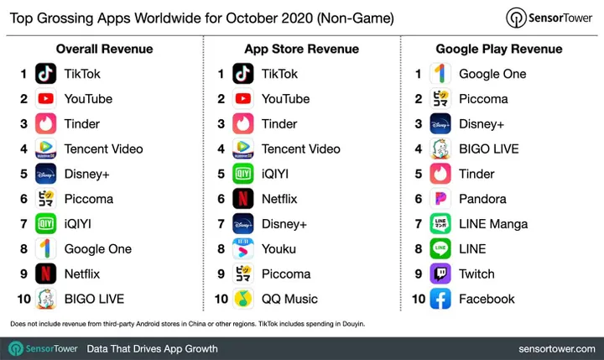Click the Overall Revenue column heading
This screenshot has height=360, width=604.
pyautogui.click(x=104, y=49)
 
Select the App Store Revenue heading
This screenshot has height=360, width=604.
pyautogui.click(x=301, y=49)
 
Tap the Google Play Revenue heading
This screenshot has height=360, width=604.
pyautogui.click(x=498, y=49)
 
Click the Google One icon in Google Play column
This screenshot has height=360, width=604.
pyautogui.click(x=440, y=74)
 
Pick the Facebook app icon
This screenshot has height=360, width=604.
pyautogui.click(x=440, y=299)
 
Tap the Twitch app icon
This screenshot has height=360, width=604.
pyautogui.click(x=440, y=274)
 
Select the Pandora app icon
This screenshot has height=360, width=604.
pyautogui.click(x=440, y=199)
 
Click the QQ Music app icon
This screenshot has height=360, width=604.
pyautogui.click(x=243, y=299)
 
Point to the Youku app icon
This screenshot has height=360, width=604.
pyautogui.click(x=243, y=248)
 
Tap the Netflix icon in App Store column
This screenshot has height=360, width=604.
pyautogui.click(x=243, y=199)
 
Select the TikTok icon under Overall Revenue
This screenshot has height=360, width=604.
pyautogui.click(x=46, y=74)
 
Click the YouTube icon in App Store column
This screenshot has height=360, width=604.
pyautogui.click(x=243, y=99)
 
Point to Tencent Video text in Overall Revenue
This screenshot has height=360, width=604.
pyautogui.click(x=103, y=149)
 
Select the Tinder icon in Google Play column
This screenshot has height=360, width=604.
pyautogui.click(x=440, y=174)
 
